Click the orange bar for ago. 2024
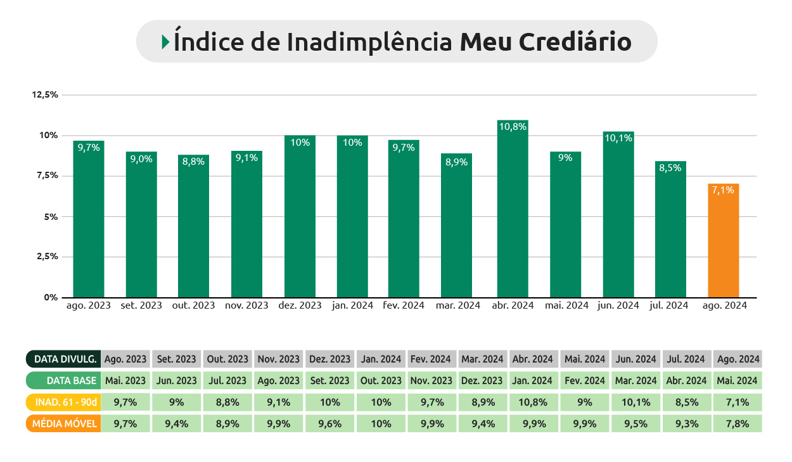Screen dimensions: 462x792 (x=724, y=241)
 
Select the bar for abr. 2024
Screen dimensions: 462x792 (x=513, y=209)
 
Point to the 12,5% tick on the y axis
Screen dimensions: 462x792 (x=45, y=94)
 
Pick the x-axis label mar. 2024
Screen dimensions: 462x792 (x=458, y=305)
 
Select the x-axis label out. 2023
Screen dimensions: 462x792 (x=193, y=305)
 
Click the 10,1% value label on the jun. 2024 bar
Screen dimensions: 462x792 (x=618, y=138)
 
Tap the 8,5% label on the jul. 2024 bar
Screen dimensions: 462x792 (x=671, y=168)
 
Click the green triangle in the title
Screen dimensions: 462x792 (x=165, y=42)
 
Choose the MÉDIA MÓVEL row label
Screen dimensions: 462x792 (x=63, y=424)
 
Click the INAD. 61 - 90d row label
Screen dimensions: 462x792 (x=63, y=402)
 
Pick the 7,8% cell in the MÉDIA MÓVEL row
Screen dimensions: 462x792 (x=737, y=424)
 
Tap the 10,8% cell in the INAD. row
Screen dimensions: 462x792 (x=535, y=402)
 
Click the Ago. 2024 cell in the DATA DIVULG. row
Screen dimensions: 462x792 (x=737, y=359)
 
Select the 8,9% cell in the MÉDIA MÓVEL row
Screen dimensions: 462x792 (x=227, y=424)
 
